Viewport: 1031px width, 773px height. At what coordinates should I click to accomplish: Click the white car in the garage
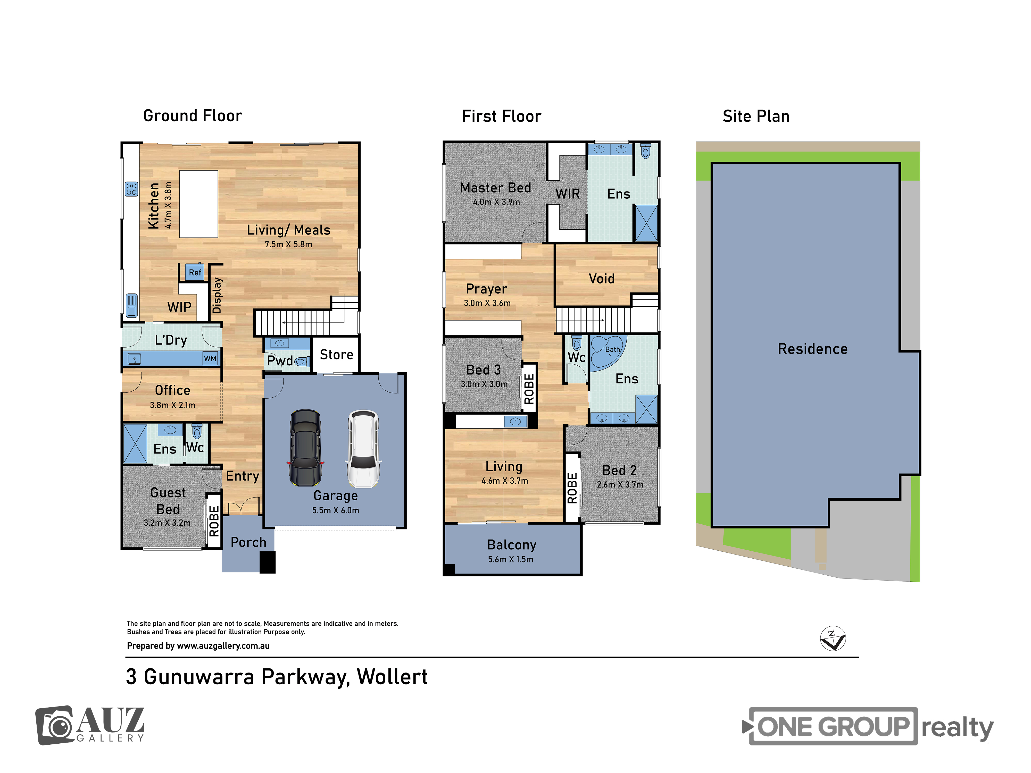pyautogui.click(x=363, y=449)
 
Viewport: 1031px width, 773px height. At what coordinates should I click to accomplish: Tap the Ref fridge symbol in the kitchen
pyautogui.click(x=195, y=272)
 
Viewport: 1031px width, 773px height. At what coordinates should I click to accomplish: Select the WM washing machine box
pyautogui.click(x=210, y=358)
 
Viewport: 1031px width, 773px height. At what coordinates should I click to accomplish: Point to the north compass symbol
pyautogui.click(x=833, y=639)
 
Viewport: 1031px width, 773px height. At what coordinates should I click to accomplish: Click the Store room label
pyautogui.click(x=337, y=355)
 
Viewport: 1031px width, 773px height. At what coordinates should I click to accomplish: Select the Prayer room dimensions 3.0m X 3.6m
pyautogui.click(x=487, y=303)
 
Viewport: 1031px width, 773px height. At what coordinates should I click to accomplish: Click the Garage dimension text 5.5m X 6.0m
pyautogui.click(x=336, y=510)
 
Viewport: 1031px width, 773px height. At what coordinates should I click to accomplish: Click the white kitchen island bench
pyautogui.click(x=198, y=204)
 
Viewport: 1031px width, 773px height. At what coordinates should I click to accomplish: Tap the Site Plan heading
pyautogui.click(x=756, y=116)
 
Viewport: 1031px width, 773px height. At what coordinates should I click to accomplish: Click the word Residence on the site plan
pyautogui.click(x=812, y=349)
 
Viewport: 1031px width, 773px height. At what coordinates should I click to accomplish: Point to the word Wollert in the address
pyautogui.click(x=392, y=677)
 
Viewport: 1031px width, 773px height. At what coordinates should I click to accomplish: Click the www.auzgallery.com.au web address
pyautogui.click(x=223, y=646)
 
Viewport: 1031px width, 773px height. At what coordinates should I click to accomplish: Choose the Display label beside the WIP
pyautogui.click(x=217, y=295)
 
